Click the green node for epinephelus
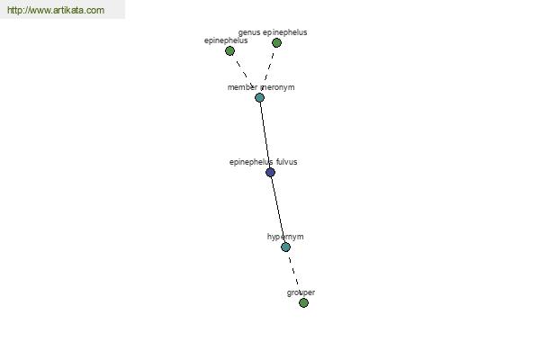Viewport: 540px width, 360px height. pos(229,51)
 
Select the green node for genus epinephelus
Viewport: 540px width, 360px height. pos(276,42)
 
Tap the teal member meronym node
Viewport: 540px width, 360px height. pos(260,98)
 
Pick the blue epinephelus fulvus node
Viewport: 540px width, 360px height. pos(270,172)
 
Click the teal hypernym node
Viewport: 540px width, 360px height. pos(285,247)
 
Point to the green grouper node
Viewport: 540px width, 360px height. pos(303,302)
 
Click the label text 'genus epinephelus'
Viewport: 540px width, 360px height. pos(273,32)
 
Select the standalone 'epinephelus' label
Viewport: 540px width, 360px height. pos(226,40)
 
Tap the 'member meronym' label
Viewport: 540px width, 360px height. pos(261,87)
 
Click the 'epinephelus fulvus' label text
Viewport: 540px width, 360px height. pos(264,162)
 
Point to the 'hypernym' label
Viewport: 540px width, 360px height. pos(285,237)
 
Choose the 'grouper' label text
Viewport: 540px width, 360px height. pos(301,292)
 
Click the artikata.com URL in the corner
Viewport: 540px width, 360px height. pos(56,10)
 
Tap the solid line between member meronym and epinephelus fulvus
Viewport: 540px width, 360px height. pos(265,135)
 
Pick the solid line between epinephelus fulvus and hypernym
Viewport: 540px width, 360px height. pos(278,210)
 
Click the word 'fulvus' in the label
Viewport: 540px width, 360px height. pos(287,162)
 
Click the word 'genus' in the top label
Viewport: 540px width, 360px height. pos(249,33)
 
